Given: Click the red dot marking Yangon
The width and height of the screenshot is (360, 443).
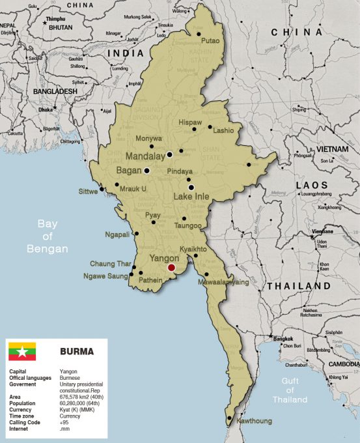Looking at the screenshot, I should [x=171, y=267].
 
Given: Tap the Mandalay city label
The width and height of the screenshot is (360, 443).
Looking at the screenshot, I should [x=145, y=156].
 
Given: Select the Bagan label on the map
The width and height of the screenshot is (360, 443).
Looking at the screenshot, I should [x=128, y=171].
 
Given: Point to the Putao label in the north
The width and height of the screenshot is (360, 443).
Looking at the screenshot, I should [x=210, y=40].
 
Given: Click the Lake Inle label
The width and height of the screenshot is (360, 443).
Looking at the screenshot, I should [x=192, y=195].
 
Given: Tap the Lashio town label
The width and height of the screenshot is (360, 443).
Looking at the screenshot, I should [x=223, y=130].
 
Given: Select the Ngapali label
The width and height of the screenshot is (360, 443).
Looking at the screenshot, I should [x=117, y=235].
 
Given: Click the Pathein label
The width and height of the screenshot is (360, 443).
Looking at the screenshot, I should [x=151, y=280].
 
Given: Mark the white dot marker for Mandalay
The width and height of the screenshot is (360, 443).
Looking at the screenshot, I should [x=169, y=155].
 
